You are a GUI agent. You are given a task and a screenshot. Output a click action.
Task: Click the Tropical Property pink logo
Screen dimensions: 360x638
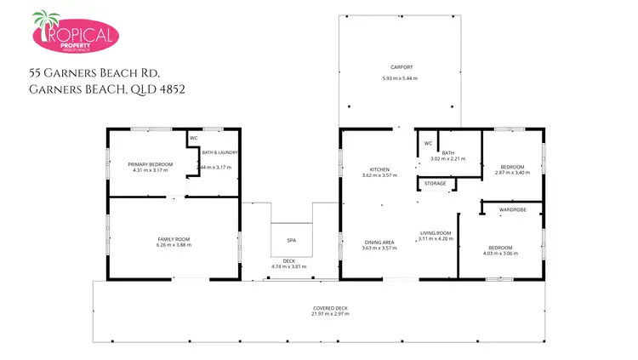pos(75,33)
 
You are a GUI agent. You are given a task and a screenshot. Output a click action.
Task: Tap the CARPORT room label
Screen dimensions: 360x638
pos(402,66)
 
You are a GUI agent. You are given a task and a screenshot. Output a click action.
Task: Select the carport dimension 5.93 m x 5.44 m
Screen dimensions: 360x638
pos(400,78)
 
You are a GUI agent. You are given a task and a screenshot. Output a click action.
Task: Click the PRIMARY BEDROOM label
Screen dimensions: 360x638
pos(150,163)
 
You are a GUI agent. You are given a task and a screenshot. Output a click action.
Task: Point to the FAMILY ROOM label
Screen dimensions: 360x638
pos(174,238)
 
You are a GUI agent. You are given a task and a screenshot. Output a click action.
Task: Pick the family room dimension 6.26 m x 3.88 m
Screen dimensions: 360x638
pos(174,245)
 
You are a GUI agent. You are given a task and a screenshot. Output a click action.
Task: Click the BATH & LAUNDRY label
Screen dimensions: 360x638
pos(220,152)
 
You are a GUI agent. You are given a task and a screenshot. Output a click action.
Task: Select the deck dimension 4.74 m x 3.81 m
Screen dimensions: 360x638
pos(289,267)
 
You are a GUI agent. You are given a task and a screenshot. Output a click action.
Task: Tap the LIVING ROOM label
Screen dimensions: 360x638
pos(435,232)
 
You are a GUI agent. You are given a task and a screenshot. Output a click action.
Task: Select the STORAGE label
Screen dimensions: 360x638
pos(435,183)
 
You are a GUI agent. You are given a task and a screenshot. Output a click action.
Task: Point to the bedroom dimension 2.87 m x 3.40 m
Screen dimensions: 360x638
pos(512,173)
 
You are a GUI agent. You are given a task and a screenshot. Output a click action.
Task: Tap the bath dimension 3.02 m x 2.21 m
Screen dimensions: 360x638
pos(447,159)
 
